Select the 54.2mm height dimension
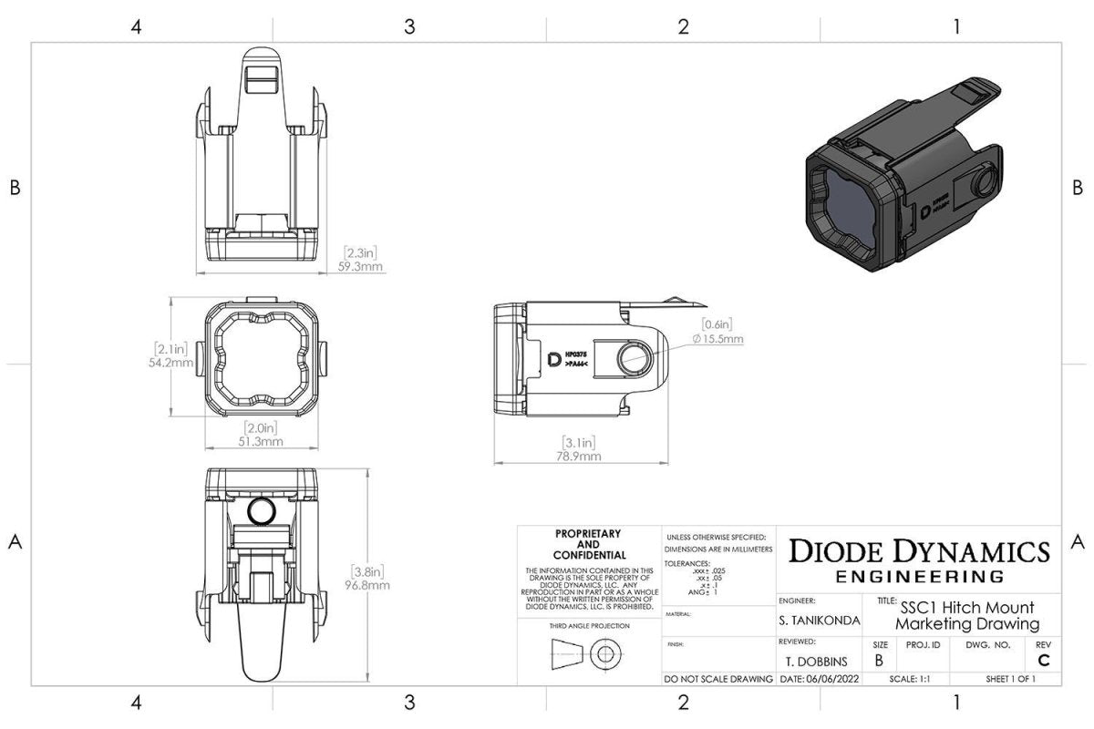pyautogui.click(x=172, y=363)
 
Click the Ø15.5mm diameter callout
pyautogui.click(x=717, y=338)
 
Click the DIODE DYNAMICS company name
pyautogui.click(x=919, y=551)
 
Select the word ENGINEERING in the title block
pyautogui.click(x=919, y=577)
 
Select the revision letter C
pyautogui.click(x=1043, y=661)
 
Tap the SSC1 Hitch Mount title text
pyautogui.click(x=966, y=608)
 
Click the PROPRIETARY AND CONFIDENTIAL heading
pyautogui.click(x=588, y=544)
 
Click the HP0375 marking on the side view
pyautogui.click(x=577, y=351)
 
